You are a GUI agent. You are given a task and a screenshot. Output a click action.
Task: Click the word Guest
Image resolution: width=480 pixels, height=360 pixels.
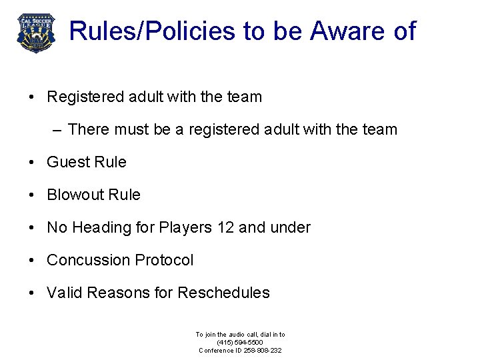coord(68,162)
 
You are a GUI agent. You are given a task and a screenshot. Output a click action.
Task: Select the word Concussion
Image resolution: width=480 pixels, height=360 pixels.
coord(88,260)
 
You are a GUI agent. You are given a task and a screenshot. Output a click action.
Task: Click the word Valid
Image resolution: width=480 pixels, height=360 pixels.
coord(64,293)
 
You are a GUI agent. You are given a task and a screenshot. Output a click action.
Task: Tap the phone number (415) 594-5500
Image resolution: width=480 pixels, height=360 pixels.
coord(240,342)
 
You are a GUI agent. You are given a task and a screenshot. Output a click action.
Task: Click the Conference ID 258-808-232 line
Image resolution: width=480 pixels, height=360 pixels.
coord(240,350)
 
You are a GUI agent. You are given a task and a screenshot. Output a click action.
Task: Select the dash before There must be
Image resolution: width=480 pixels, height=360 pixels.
coord(57,129)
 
